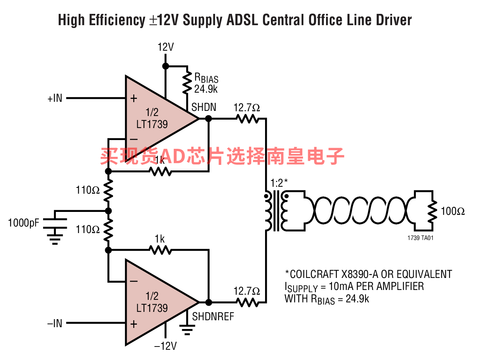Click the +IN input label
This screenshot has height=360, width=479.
[55, 98]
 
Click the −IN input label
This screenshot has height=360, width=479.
[55, 323]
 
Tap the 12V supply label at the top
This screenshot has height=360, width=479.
[166, 47]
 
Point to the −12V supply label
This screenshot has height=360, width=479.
[165, 346]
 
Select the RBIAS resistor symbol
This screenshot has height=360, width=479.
[187, 82]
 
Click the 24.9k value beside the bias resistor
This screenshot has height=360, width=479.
[206, 89]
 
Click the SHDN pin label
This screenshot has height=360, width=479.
[204, 107]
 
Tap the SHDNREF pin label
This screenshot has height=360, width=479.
[213, 317]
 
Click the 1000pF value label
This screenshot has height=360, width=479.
[24, 223]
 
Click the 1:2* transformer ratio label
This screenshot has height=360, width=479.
[279, 183]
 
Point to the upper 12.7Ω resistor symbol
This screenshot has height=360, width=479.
[248, 119]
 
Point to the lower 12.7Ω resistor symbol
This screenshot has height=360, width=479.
[248, 302]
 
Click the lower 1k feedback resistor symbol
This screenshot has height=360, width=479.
[160, 250]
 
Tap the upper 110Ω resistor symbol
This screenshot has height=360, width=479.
[108, 190]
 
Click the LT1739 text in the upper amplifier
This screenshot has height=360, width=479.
[152, 124]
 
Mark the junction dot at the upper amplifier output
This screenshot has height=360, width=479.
[208, 119]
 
